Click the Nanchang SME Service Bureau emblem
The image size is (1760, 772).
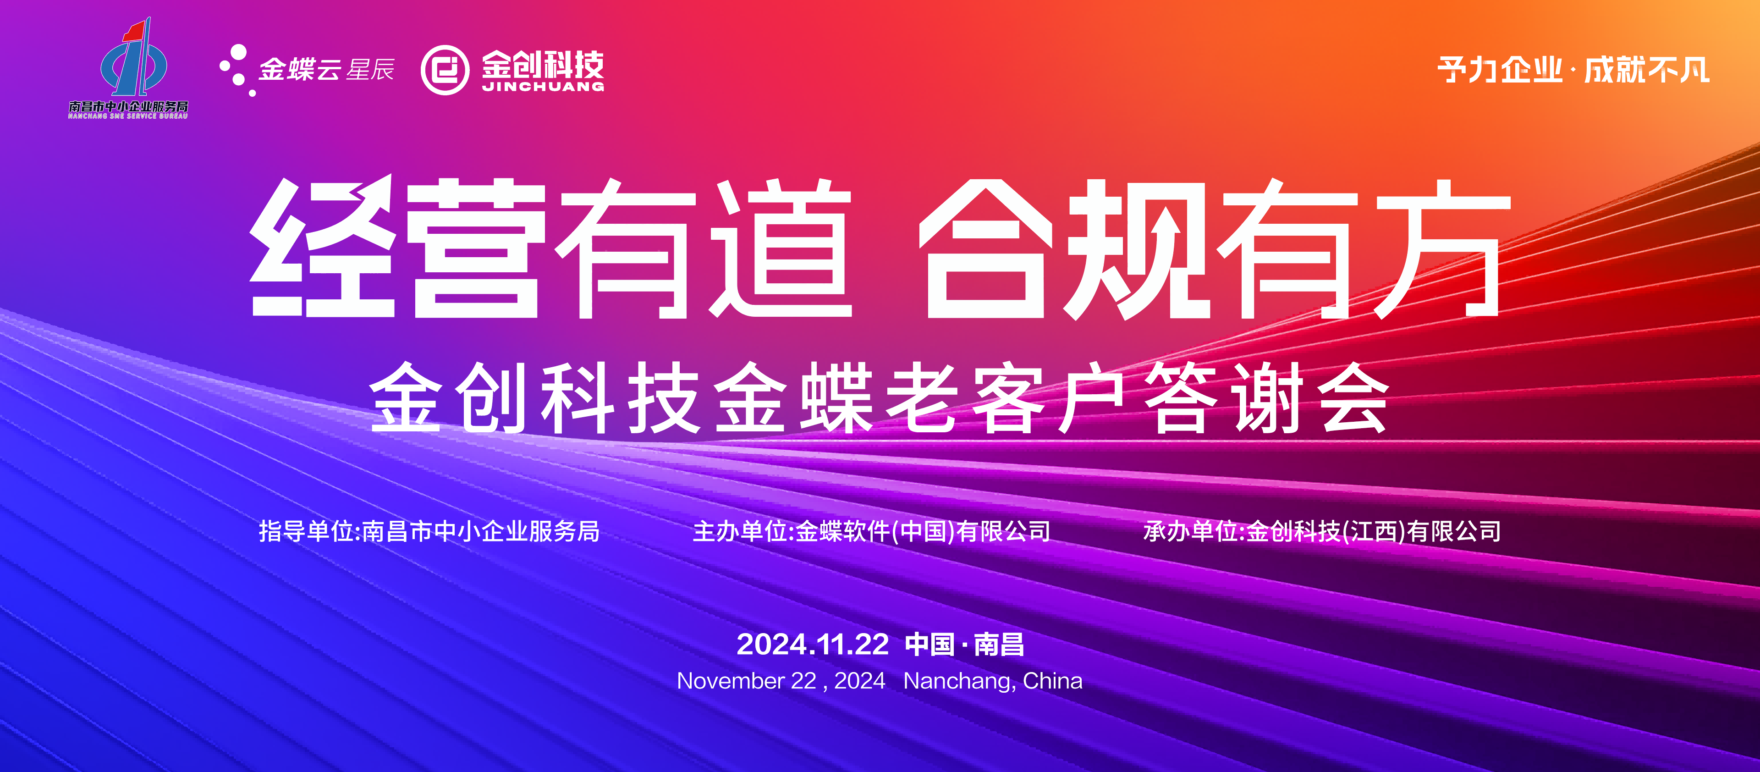coord(134,58)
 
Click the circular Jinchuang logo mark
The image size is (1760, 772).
coord(445,70)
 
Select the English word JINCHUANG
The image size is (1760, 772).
coord(543,87)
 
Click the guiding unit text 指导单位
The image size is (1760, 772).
coord(306,531)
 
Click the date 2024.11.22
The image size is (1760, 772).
coord(812,644)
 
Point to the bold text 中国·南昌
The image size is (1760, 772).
coord(965,644)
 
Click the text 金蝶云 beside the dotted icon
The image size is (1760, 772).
coord(301,70)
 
